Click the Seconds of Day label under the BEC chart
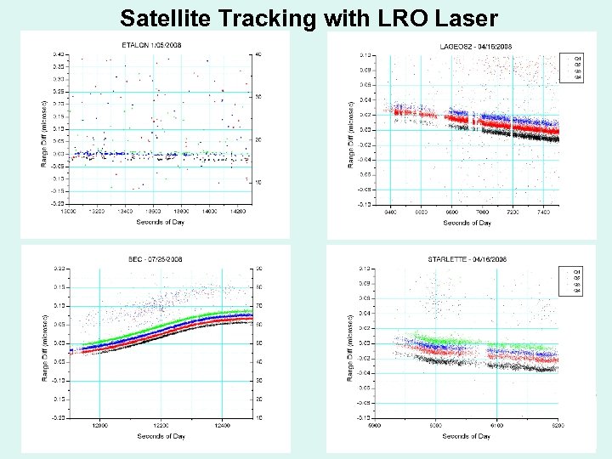coord(161,436)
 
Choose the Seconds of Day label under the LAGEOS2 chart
coord(467,223)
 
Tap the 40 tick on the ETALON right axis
coord(257,54)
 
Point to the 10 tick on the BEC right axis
coord(257,417)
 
